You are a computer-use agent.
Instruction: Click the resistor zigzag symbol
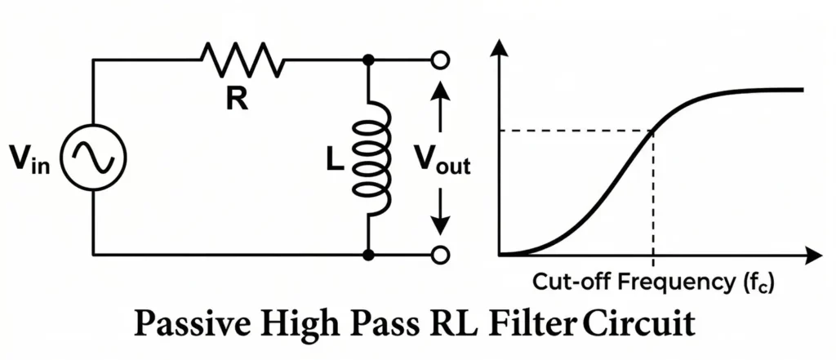pyautogui.click(x=242, y=60)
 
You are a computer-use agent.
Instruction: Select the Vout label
pyautogui.click(x=442, y=162)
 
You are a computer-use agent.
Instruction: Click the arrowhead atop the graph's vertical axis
pyautogui.click(x=500, y=48)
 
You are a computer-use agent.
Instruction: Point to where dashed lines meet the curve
pyautogui.click(x=652, y=131)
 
